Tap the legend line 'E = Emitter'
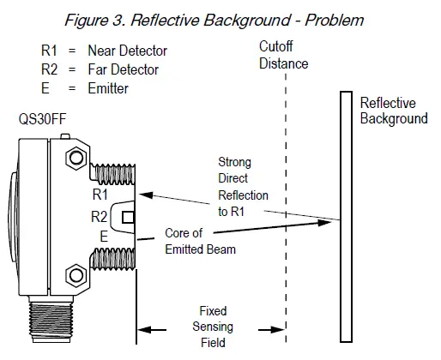coord(89,87)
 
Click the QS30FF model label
coord(40,120)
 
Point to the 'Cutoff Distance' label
coord(283,56)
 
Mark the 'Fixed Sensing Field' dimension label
coord(212,327)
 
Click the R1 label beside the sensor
coord(101,195)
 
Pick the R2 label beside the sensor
coord(101,216)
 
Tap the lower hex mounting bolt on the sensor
coord(75,277)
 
